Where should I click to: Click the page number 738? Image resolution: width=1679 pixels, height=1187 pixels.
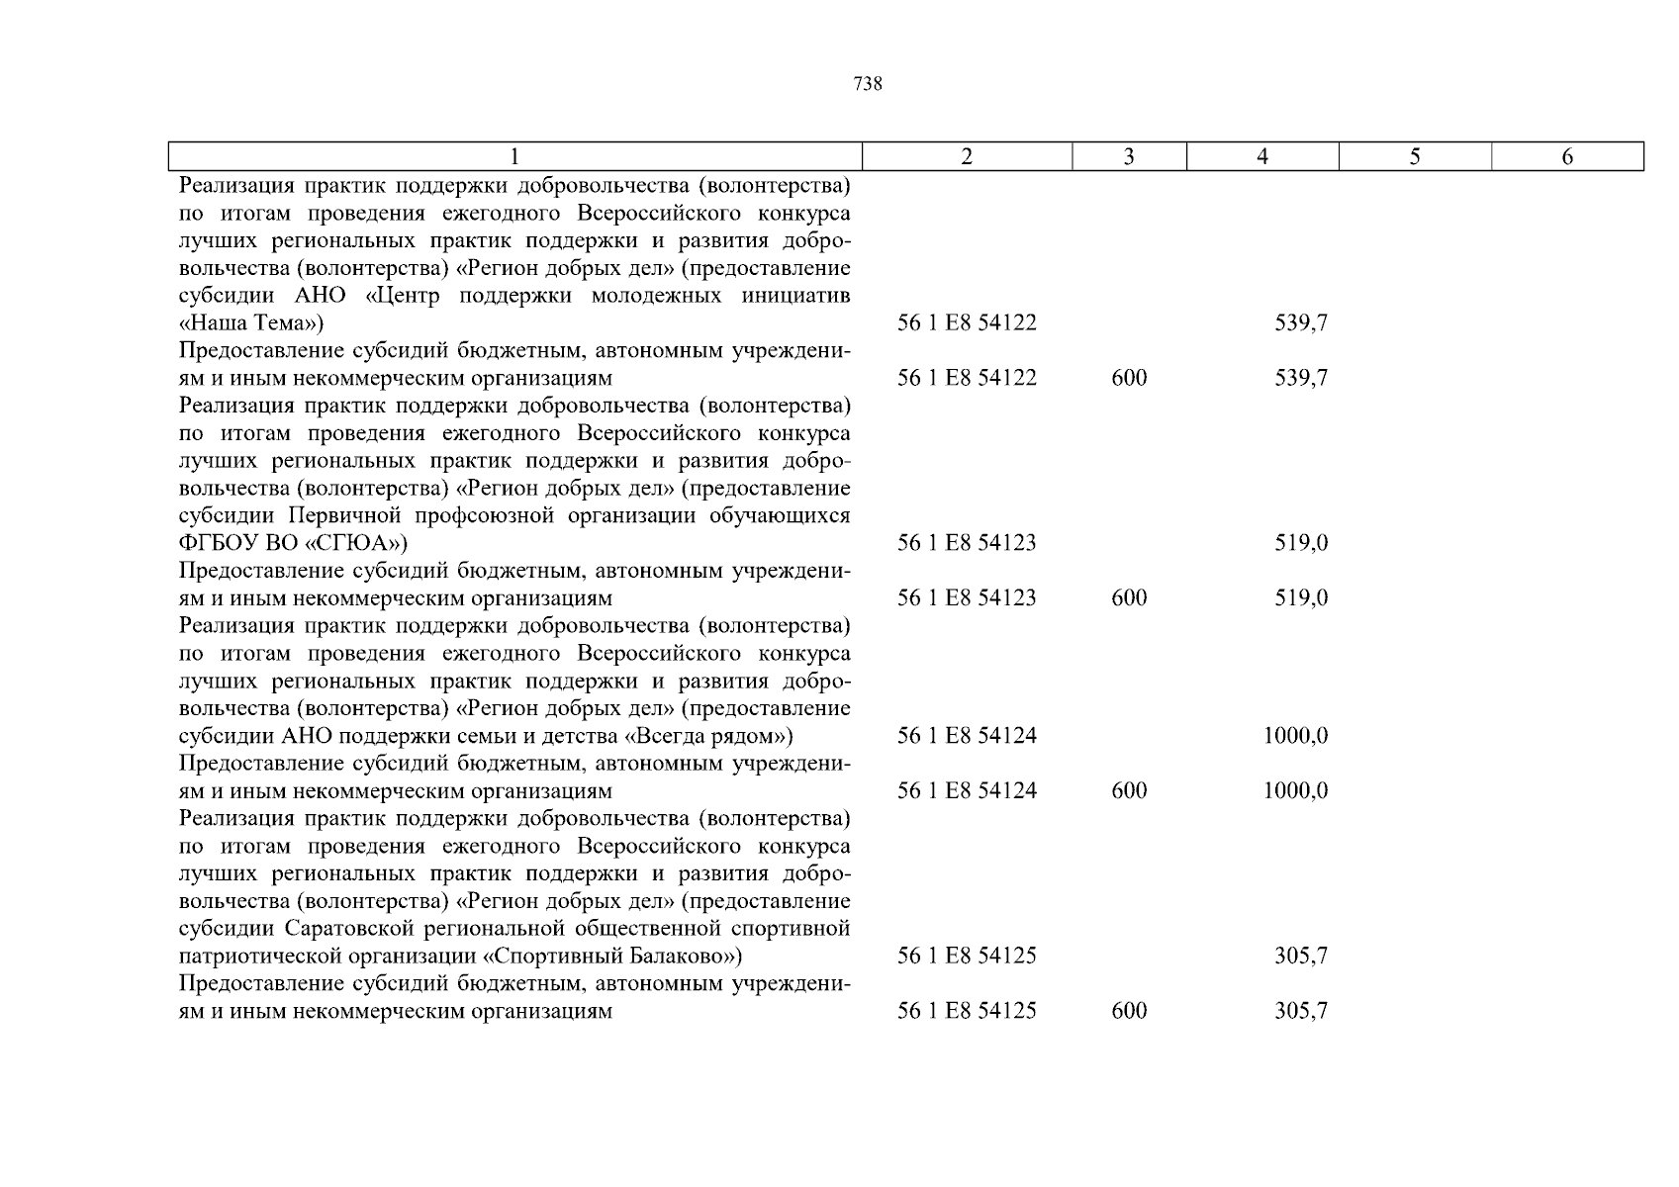pos(867,85)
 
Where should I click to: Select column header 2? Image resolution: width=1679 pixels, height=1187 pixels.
pos(967,156)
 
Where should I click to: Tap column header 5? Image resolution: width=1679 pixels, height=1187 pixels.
pos(1415,156)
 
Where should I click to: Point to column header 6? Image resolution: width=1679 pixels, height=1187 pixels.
pos(1567,156)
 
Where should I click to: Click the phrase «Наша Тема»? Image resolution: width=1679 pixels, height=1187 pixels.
pos(250,323)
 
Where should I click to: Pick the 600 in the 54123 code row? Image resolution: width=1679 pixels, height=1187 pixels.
pos(1129,598)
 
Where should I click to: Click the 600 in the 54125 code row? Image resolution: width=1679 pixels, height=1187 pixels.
pos(1129,1011)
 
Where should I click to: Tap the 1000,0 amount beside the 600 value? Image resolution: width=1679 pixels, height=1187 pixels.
pos(1295,791)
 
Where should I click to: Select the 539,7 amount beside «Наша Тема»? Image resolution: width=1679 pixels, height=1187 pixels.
pos(1301,323)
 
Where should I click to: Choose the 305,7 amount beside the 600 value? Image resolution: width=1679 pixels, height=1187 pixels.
pos(1301,1011)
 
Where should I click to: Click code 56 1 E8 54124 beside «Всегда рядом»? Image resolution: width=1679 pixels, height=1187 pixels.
pos(967,736)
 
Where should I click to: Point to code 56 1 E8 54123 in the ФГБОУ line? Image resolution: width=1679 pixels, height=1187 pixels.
pos(967,543)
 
